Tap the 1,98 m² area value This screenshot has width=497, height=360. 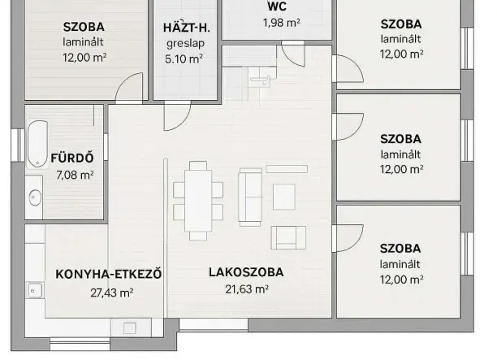pyautogui.click(x=282, y=22)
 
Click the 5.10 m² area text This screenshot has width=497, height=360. pyautogui.click(x=185, y=58)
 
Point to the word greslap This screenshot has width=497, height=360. pyautogui.click(x=185, y=42)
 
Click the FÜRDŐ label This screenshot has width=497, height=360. pyautogui.click(x=70, y=158)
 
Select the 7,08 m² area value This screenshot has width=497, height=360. pyautogui.click(x=74, y=175)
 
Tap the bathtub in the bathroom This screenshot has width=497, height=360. pyautogui.click(x=35, y=144)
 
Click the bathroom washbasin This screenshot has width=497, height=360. pyautogui.click(x=35, y=197)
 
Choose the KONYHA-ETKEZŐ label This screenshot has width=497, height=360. pyautogui.click(x=109, y=274)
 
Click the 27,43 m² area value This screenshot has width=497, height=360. pyautogui.click(x=112, y=293)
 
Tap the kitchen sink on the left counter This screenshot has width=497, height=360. pyautogui.click(x=34, y=289)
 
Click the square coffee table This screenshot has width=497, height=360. pyautogui.click(x=284, y=197)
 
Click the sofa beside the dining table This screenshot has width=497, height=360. pyautogui.click(x=249, y=197)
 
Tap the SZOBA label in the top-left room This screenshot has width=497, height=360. pyautogui.click(x=84, y=25)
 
